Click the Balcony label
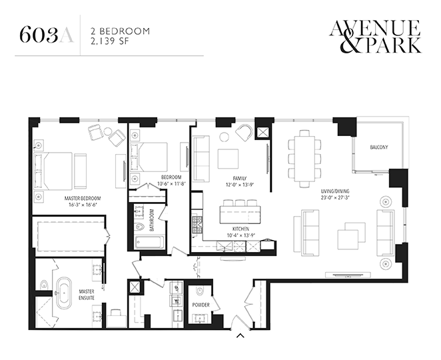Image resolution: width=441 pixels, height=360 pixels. point(379,147)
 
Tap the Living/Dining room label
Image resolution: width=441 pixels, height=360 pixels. point(335,191)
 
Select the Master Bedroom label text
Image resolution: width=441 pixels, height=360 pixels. point(83,199)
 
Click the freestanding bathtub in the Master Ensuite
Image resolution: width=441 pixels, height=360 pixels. point(64,293)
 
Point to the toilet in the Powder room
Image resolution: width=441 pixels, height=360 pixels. point(201,291)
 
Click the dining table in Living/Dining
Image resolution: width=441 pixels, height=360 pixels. point(304,159)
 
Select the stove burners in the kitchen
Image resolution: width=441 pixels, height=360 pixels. point(197,225)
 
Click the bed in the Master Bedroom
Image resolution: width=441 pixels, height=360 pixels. point(53,171)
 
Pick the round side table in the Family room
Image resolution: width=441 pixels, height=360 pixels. point(224,137)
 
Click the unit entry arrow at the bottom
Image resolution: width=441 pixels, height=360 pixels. point(240,335)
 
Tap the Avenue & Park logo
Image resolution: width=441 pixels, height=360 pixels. point(375,36)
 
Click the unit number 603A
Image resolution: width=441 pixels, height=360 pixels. point(47,35)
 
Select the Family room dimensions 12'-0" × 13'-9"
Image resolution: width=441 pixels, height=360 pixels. point(240,185)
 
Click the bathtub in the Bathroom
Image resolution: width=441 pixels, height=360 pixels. point(149,243)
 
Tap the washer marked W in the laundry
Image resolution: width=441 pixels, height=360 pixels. point(177,301)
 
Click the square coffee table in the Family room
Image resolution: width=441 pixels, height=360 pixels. point(228,159)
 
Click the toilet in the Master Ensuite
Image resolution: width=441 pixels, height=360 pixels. point(43,285)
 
